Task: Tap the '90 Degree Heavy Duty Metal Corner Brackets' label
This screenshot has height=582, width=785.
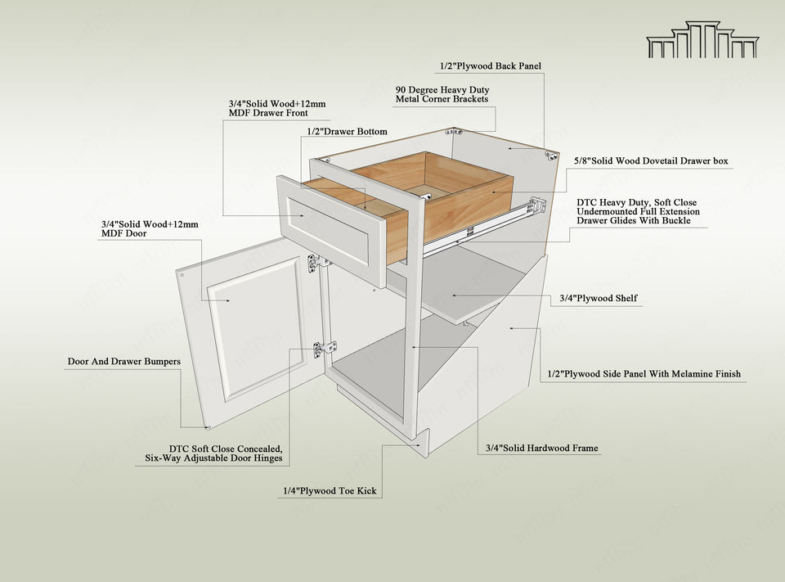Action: pos(442,94)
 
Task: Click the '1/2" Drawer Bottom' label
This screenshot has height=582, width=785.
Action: pos(348,131)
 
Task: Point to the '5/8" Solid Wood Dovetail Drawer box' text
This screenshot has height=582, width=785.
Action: pos(651,161)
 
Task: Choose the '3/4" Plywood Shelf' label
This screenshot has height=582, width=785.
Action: pos(599,299)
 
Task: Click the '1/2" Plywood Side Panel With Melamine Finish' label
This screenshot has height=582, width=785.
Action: pos(644,374)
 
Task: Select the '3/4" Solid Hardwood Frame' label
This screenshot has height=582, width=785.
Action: pos(541,449)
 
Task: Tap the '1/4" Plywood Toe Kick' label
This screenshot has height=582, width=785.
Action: pos(330,491)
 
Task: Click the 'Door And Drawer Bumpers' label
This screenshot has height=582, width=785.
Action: pos(123,361)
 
